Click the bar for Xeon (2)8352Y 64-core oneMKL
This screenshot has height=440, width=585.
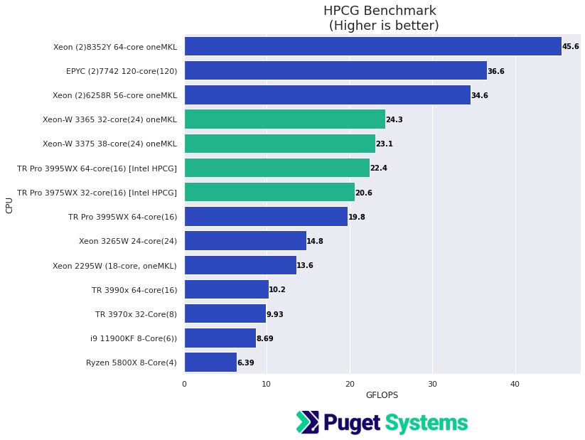(372, 46)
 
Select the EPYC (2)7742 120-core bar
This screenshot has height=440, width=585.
(336, 71)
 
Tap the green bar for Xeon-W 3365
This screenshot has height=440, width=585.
(284, 119)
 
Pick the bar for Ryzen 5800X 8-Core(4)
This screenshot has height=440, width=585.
(210, 363)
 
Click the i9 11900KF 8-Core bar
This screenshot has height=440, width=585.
(220, 338)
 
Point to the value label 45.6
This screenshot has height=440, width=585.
(571, 47)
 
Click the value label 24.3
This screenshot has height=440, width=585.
(395, 120)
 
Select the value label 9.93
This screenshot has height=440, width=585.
(275, 314)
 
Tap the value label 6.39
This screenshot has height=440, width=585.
(246, 363)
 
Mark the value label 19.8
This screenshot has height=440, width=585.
(357, 217)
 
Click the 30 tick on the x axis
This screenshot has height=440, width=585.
(432, 384)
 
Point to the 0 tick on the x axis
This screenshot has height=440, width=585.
(184, 384)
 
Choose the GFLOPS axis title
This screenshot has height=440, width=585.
(382, 395)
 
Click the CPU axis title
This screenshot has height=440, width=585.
(9, 205)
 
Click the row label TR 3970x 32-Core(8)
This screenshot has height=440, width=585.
(136, 314)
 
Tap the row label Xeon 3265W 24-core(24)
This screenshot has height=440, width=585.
(128, 241)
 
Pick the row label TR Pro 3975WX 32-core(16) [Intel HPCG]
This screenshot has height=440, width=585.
(97, 193)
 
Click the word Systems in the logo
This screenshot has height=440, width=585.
(426, 423)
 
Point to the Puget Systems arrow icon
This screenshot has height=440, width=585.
(308, 422)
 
